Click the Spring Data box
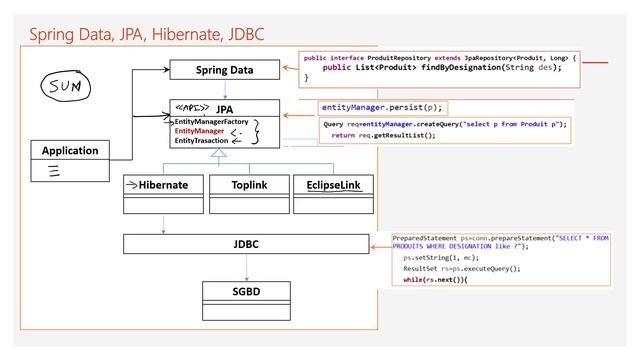click(224, 71)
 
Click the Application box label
click(70, 151)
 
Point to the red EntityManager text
click(198, 131)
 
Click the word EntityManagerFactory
click(211, 121)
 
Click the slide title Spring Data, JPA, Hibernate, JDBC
click(146, 35)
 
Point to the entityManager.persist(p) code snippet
click(381, 106)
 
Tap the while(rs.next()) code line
click(435, 279)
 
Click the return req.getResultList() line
click(383, 135)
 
